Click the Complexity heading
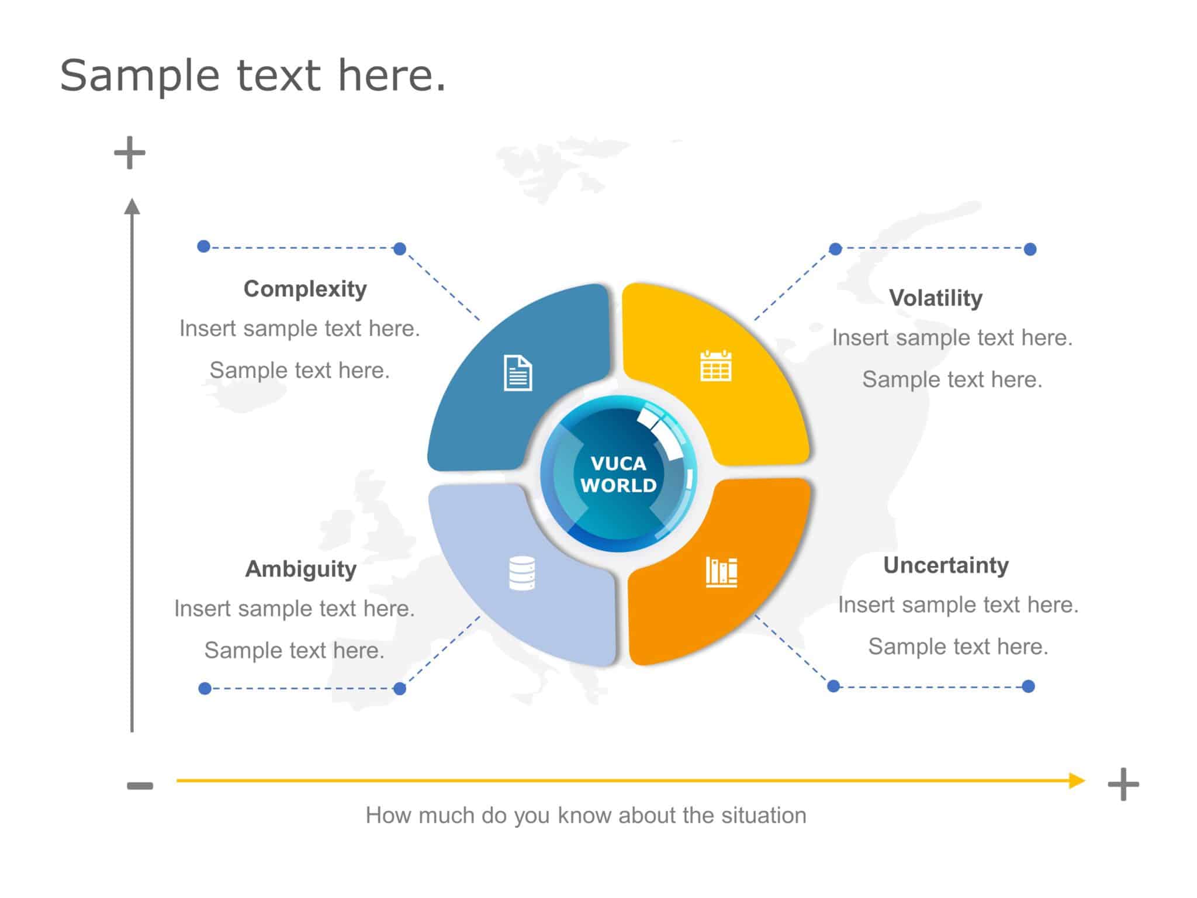[305, 289]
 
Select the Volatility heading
[936, 298]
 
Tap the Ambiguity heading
[300, 569]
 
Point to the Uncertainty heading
[946, 565]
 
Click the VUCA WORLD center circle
[618, 474]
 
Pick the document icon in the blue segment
[518, 373]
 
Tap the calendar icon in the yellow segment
[716, 366]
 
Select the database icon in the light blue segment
[522, 573]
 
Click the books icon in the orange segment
[721, 571]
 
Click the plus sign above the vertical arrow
[130, 153]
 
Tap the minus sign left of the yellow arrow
[140, 786]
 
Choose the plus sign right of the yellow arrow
[1123, 785]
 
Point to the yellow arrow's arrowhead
[1077, 780]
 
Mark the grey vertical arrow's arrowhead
[132, 207]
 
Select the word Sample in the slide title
[140, 75]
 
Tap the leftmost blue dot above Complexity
[203, 246]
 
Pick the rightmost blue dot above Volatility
[1030, 249]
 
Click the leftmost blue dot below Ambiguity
[205, 688]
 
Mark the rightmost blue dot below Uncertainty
[1029, 686]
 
